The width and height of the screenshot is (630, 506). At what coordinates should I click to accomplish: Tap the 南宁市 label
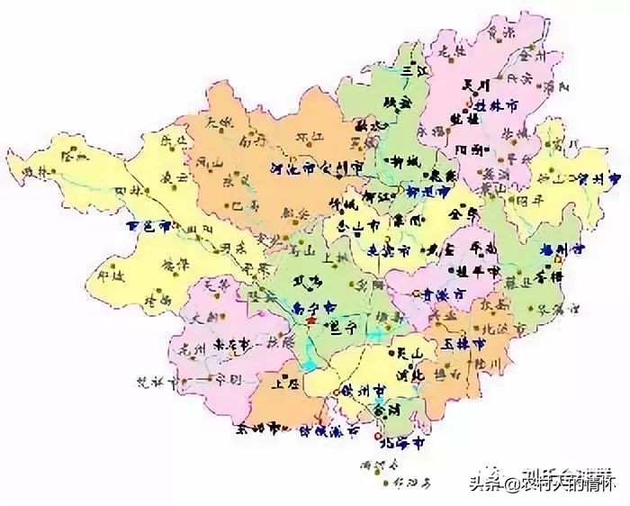[311, 307]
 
